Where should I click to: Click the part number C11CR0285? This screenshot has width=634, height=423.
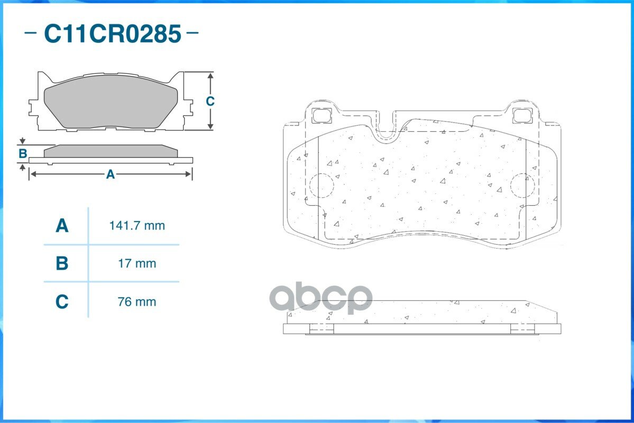click(112, 33)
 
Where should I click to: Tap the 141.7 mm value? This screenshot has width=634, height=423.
click(137, 226)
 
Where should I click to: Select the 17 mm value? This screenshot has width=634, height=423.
click(137, 264)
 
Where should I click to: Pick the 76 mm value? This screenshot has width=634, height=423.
click(137, 302)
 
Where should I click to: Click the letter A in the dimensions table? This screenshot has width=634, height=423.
click(62, 226)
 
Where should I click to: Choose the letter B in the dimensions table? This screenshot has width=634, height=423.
click(62, 263)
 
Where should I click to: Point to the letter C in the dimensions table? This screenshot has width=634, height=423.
click(62, 301)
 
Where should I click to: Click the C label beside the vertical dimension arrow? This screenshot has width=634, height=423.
click(210, 101)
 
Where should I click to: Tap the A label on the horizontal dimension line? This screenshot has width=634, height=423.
click(111, 174)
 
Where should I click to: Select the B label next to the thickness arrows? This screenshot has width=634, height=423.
click(23, 154)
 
